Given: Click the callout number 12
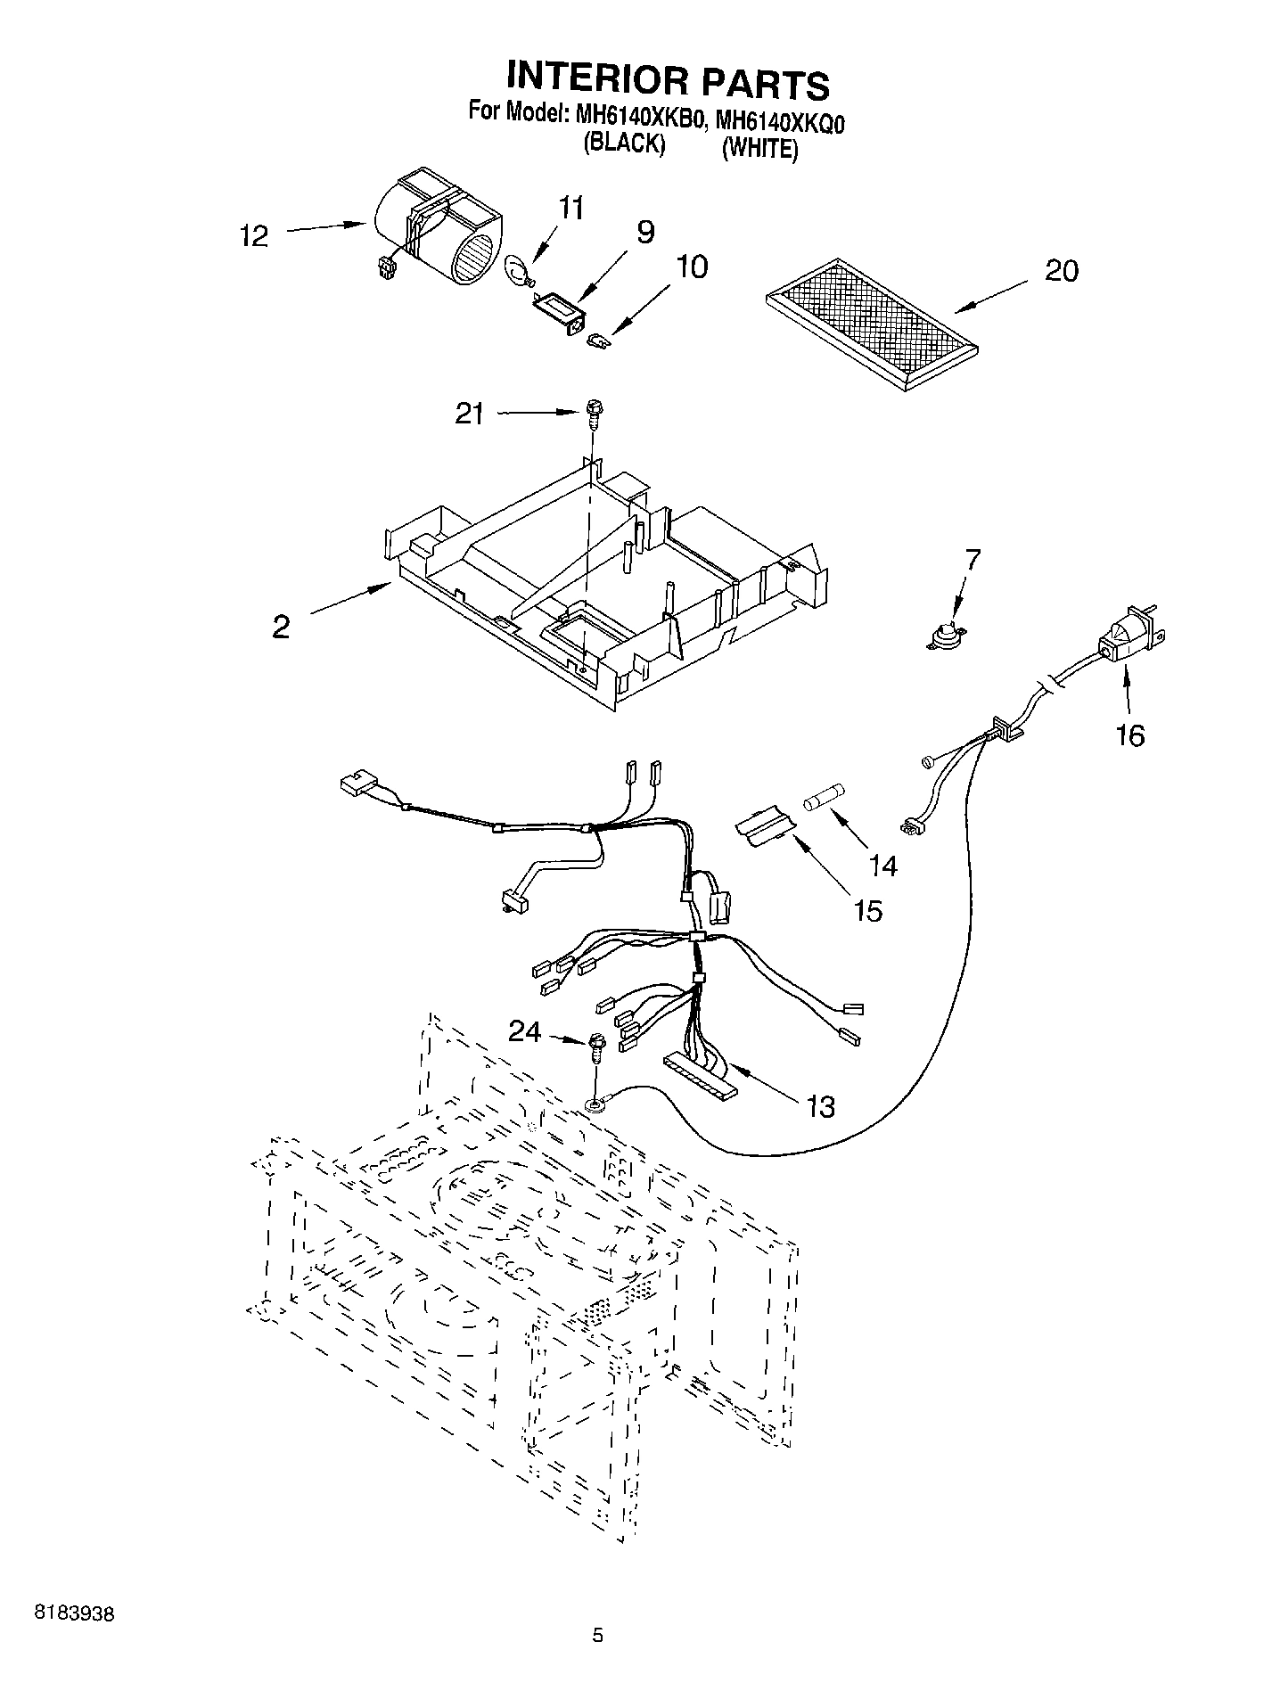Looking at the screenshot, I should pyautogui.click(x=254, y=237).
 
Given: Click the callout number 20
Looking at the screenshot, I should pyautogui.click(x=1061, y=270).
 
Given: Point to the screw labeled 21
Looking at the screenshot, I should pyautogui.click(x=593, y=414).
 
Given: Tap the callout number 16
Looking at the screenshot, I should pyautogui.click(x=1130, y=736).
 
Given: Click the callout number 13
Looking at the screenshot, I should pyautogui.click(x=820, y=1106).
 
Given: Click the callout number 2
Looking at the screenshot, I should pyautogui.click(x=281, y=628).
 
